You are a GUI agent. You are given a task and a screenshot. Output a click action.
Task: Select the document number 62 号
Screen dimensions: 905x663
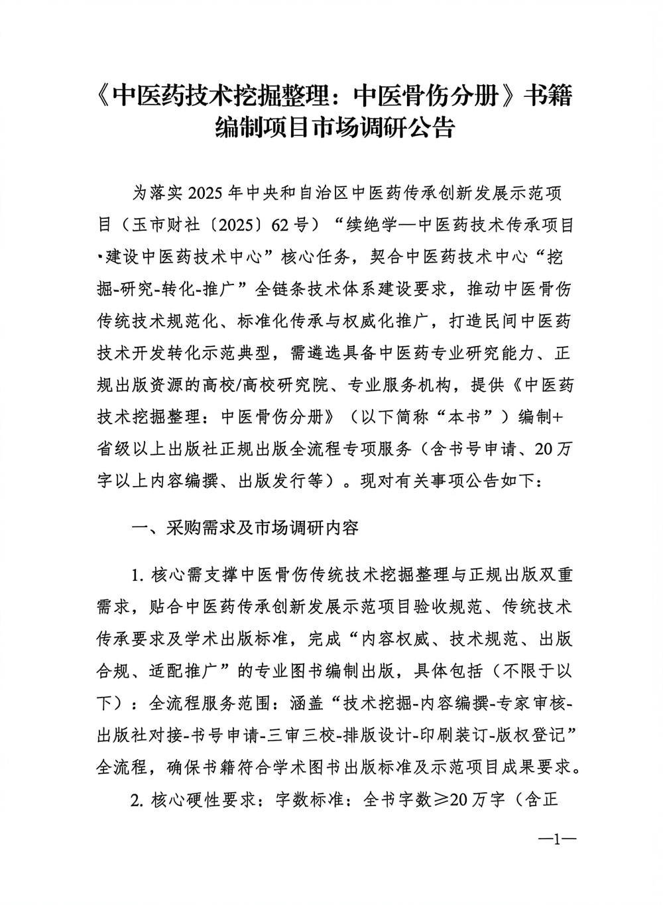[x=292, y=225]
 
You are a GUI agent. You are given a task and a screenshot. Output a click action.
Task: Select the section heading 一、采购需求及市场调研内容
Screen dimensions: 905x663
[x=246, y=528]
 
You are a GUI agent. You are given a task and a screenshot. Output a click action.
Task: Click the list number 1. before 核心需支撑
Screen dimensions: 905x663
[x=139, y=575]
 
